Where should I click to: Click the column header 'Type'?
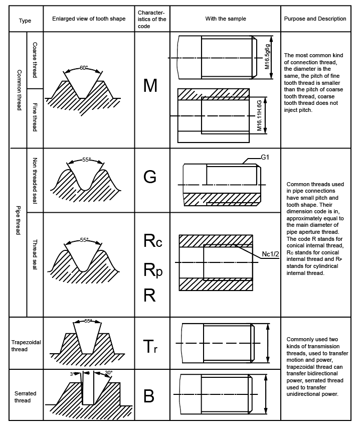(25, 21)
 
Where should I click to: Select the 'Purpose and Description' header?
(315, 19)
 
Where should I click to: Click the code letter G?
(150, 177)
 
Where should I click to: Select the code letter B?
(149, 396)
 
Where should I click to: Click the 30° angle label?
(108, 373)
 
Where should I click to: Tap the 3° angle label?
(72, 374)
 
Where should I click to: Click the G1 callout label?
(265, 157)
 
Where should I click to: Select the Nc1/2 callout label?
(272, 254)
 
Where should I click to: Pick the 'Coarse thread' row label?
(35, 60)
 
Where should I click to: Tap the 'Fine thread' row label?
(35, 116)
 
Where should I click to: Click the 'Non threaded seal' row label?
(35, 180)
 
